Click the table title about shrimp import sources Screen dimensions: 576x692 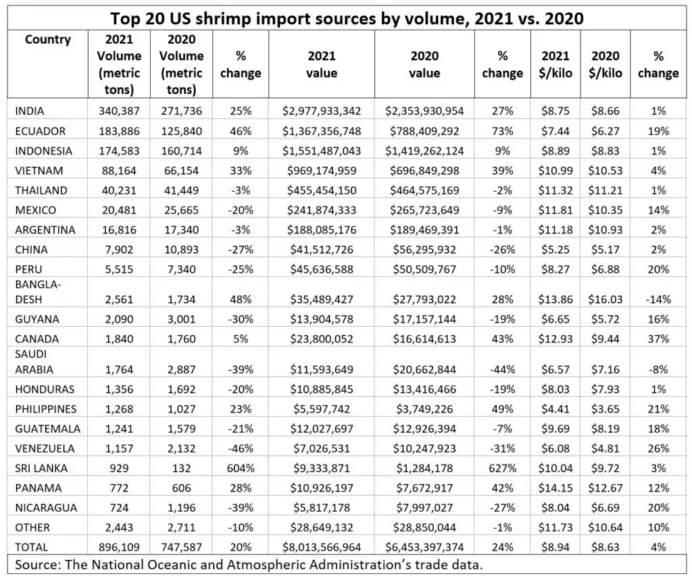point(346,16)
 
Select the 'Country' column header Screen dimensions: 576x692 point(47,39)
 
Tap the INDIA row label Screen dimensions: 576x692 point(31,110)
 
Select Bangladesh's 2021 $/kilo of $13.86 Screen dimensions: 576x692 point(555,298)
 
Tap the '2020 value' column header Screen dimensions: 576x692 point(424,65)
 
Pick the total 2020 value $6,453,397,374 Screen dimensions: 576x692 point(424,547)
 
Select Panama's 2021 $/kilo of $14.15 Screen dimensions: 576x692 point(555,488)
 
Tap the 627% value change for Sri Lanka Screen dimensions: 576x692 point(502,467)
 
